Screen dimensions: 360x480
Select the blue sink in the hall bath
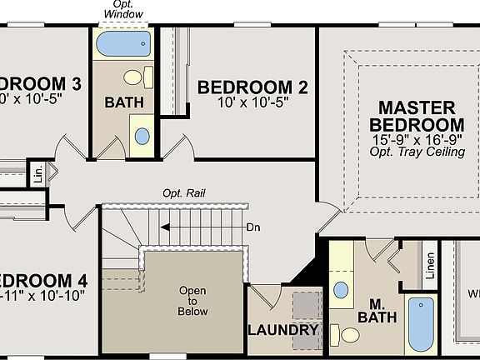(x=142, y=135)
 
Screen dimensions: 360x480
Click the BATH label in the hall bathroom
(x=124, y=102)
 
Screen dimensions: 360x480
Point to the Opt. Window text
(x=122, y=9)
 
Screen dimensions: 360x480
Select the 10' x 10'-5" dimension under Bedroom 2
(x=252, y=103)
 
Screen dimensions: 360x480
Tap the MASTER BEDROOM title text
(x=417, y=116)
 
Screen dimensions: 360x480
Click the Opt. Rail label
(x=185, y=193)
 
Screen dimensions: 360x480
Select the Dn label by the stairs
(x=254, y=227)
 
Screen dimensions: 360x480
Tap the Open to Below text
(x=192, y=301)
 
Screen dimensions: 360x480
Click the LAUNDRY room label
(x=283, y=330)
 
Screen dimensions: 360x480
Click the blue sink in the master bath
(x=341, y=291)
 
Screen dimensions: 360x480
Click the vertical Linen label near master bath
(x=430, y=266)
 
